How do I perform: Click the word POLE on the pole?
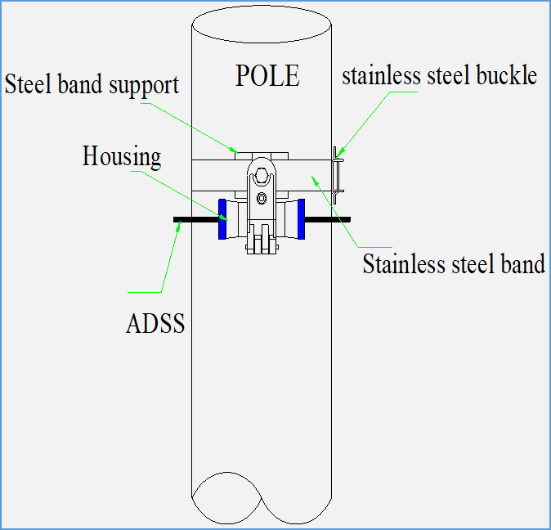click(x=267, y=76)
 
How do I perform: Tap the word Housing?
click(x=122, y=156)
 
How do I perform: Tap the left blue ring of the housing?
click(x=222, y=220)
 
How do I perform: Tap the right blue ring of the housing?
click(x=301, y=220)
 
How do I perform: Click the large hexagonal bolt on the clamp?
click(x=261, y=175)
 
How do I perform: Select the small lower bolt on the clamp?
click(x=261, y=199)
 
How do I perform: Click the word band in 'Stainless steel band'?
click(x=522, y=264)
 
